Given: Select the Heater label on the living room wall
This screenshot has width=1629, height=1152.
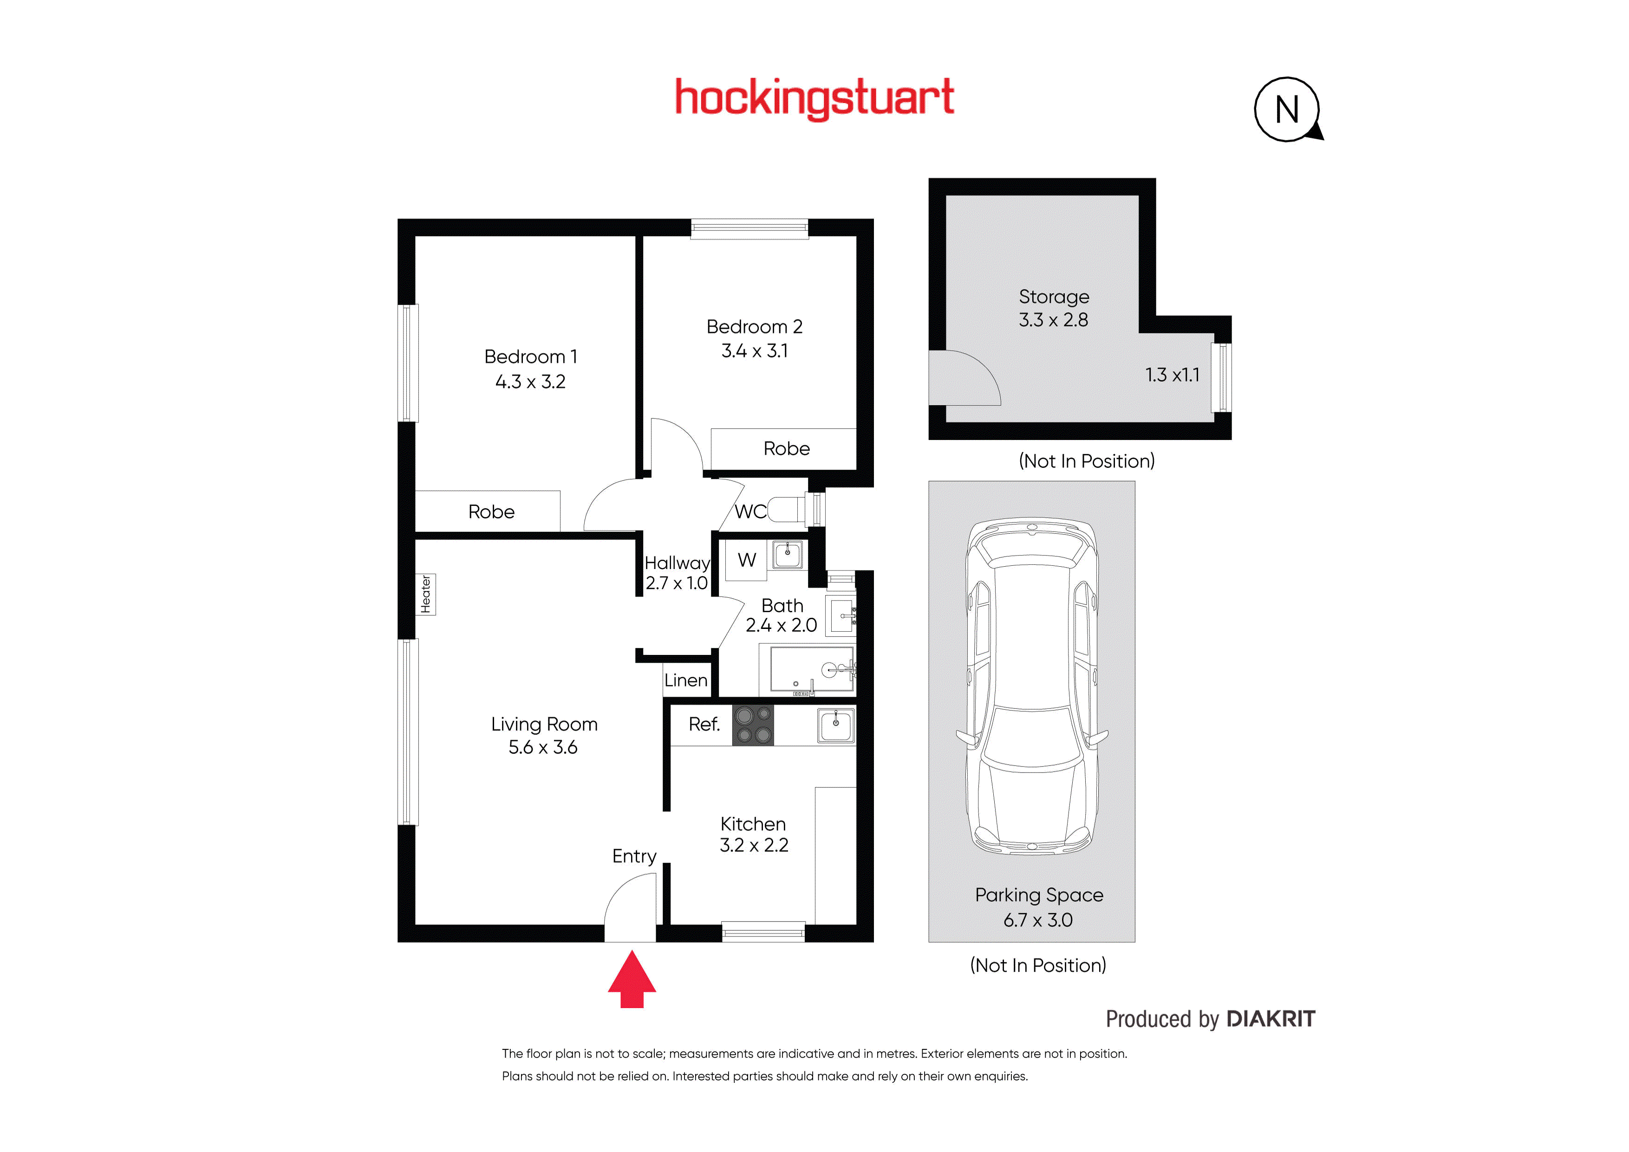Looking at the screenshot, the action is pyautogui.click(x=426, y=594).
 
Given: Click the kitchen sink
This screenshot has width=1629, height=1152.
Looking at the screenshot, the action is pyautogui.click(x=836, y=726).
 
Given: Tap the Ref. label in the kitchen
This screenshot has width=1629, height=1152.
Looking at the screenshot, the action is pyautogui.click(x=704, y=724).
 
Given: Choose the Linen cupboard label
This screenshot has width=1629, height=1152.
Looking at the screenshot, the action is pyautogui.click(x=685, y=680).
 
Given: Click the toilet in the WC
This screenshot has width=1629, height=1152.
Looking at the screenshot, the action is pyautogui.click(x=788, y=510).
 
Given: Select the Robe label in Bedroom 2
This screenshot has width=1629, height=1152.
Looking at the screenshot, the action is pyautogui.click(x=786, y=449).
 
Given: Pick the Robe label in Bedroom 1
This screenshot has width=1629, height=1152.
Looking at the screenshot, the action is pyautogui.click(x=491, y=512).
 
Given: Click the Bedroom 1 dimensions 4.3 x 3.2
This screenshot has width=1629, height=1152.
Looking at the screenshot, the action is pyautogui.click(x=530, y=382).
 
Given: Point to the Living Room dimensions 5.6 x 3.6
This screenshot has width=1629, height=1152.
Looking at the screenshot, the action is pyautogui.click(x=543, y=747).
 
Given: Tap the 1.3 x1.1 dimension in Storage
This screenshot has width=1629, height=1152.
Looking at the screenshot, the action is pyautogui.click(x=1172, y=375).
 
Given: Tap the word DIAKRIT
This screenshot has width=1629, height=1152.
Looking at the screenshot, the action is pyautogui.click(x=1271, y=1019).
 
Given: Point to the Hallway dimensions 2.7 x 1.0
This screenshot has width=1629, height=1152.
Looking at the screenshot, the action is pyautogui.click(x=676, y=583).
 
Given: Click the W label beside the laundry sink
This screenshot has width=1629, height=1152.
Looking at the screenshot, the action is pyautogui.click(x=746, y=560).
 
